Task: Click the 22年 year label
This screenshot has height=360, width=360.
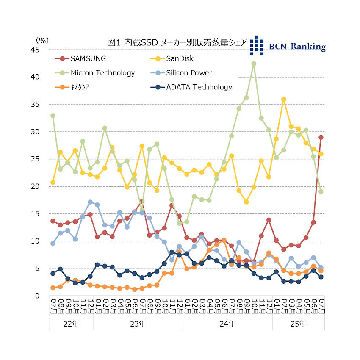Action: click(70, 324)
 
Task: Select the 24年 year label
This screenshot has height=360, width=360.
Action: click(227, 324)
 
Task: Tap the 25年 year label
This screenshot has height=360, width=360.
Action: click(298, 324)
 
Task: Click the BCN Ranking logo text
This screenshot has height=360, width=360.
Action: click(297, 46)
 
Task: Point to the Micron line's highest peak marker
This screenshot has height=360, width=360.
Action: click(254, 64)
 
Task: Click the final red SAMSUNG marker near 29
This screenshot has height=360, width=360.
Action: click(321, 137)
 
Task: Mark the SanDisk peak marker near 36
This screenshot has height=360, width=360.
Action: click(283, 100)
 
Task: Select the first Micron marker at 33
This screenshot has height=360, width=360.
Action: click(53, 116)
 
